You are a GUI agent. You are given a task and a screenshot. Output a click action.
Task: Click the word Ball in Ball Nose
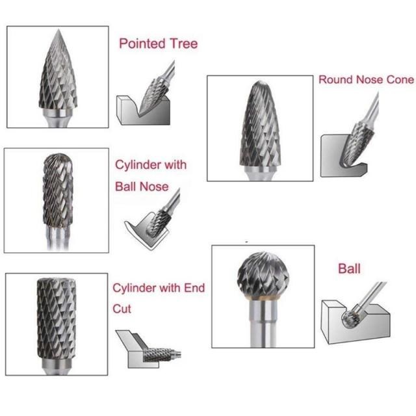(x=126, y=187)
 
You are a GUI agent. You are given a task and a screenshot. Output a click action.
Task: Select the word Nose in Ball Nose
(x=155, y=187)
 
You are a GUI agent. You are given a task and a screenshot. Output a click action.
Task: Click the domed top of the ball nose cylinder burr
(x=57, y=159)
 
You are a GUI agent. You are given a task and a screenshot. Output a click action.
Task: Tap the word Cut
(x=122, y=309)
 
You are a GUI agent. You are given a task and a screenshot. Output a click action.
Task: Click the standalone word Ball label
(x=349, y=268)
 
